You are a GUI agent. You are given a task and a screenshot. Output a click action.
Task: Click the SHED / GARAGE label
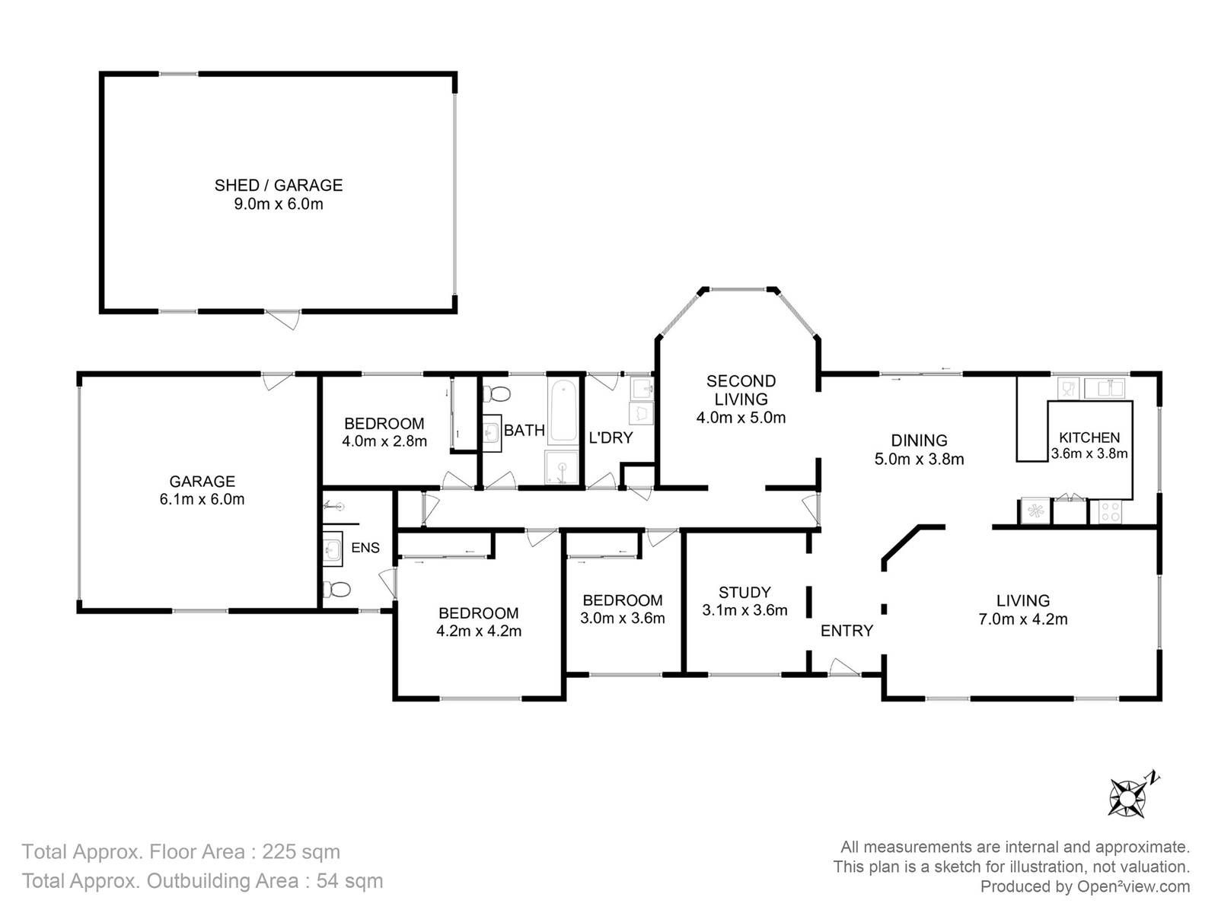(x=279, y=185)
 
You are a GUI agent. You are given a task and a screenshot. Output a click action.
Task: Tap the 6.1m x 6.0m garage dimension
(x=202, y=499)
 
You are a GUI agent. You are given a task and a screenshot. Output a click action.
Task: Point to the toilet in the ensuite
(x=336, y=590)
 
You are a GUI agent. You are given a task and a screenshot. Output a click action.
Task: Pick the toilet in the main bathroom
(x=496, y=395)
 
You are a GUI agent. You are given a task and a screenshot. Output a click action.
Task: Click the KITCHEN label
(x=1089, y=437)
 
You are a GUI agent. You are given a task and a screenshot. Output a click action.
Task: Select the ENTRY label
(x=847, y=630)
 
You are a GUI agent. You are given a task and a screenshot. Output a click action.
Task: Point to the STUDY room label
(x=745, y=592)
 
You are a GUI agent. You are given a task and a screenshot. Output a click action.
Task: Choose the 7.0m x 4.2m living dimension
(x=1022, y=619)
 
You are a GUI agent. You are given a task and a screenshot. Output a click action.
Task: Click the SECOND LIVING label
(x=741, y=390)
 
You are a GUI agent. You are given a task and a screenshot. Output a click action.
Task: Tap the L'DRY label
(x=611, y=438)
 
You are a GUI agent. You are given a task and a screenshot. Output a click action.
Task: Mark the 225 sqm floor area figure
(x=301, y=851)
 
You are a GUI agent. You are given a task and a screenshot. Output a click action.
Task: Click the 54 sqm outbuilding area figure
(x=349, y=881)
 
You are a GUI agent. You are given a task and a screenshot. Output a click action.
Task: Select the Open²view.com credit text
(x=1133, y=886)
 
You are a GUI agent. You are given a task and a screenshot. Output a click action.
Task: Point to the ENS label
(x=365, y=548)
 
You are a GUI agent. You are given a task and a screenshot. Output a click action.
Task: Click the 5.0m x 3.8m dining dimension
(x=919, y=459)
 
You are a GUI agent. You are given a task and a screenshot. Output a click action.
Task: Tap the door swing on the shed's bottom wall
(x=284, y=320)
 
